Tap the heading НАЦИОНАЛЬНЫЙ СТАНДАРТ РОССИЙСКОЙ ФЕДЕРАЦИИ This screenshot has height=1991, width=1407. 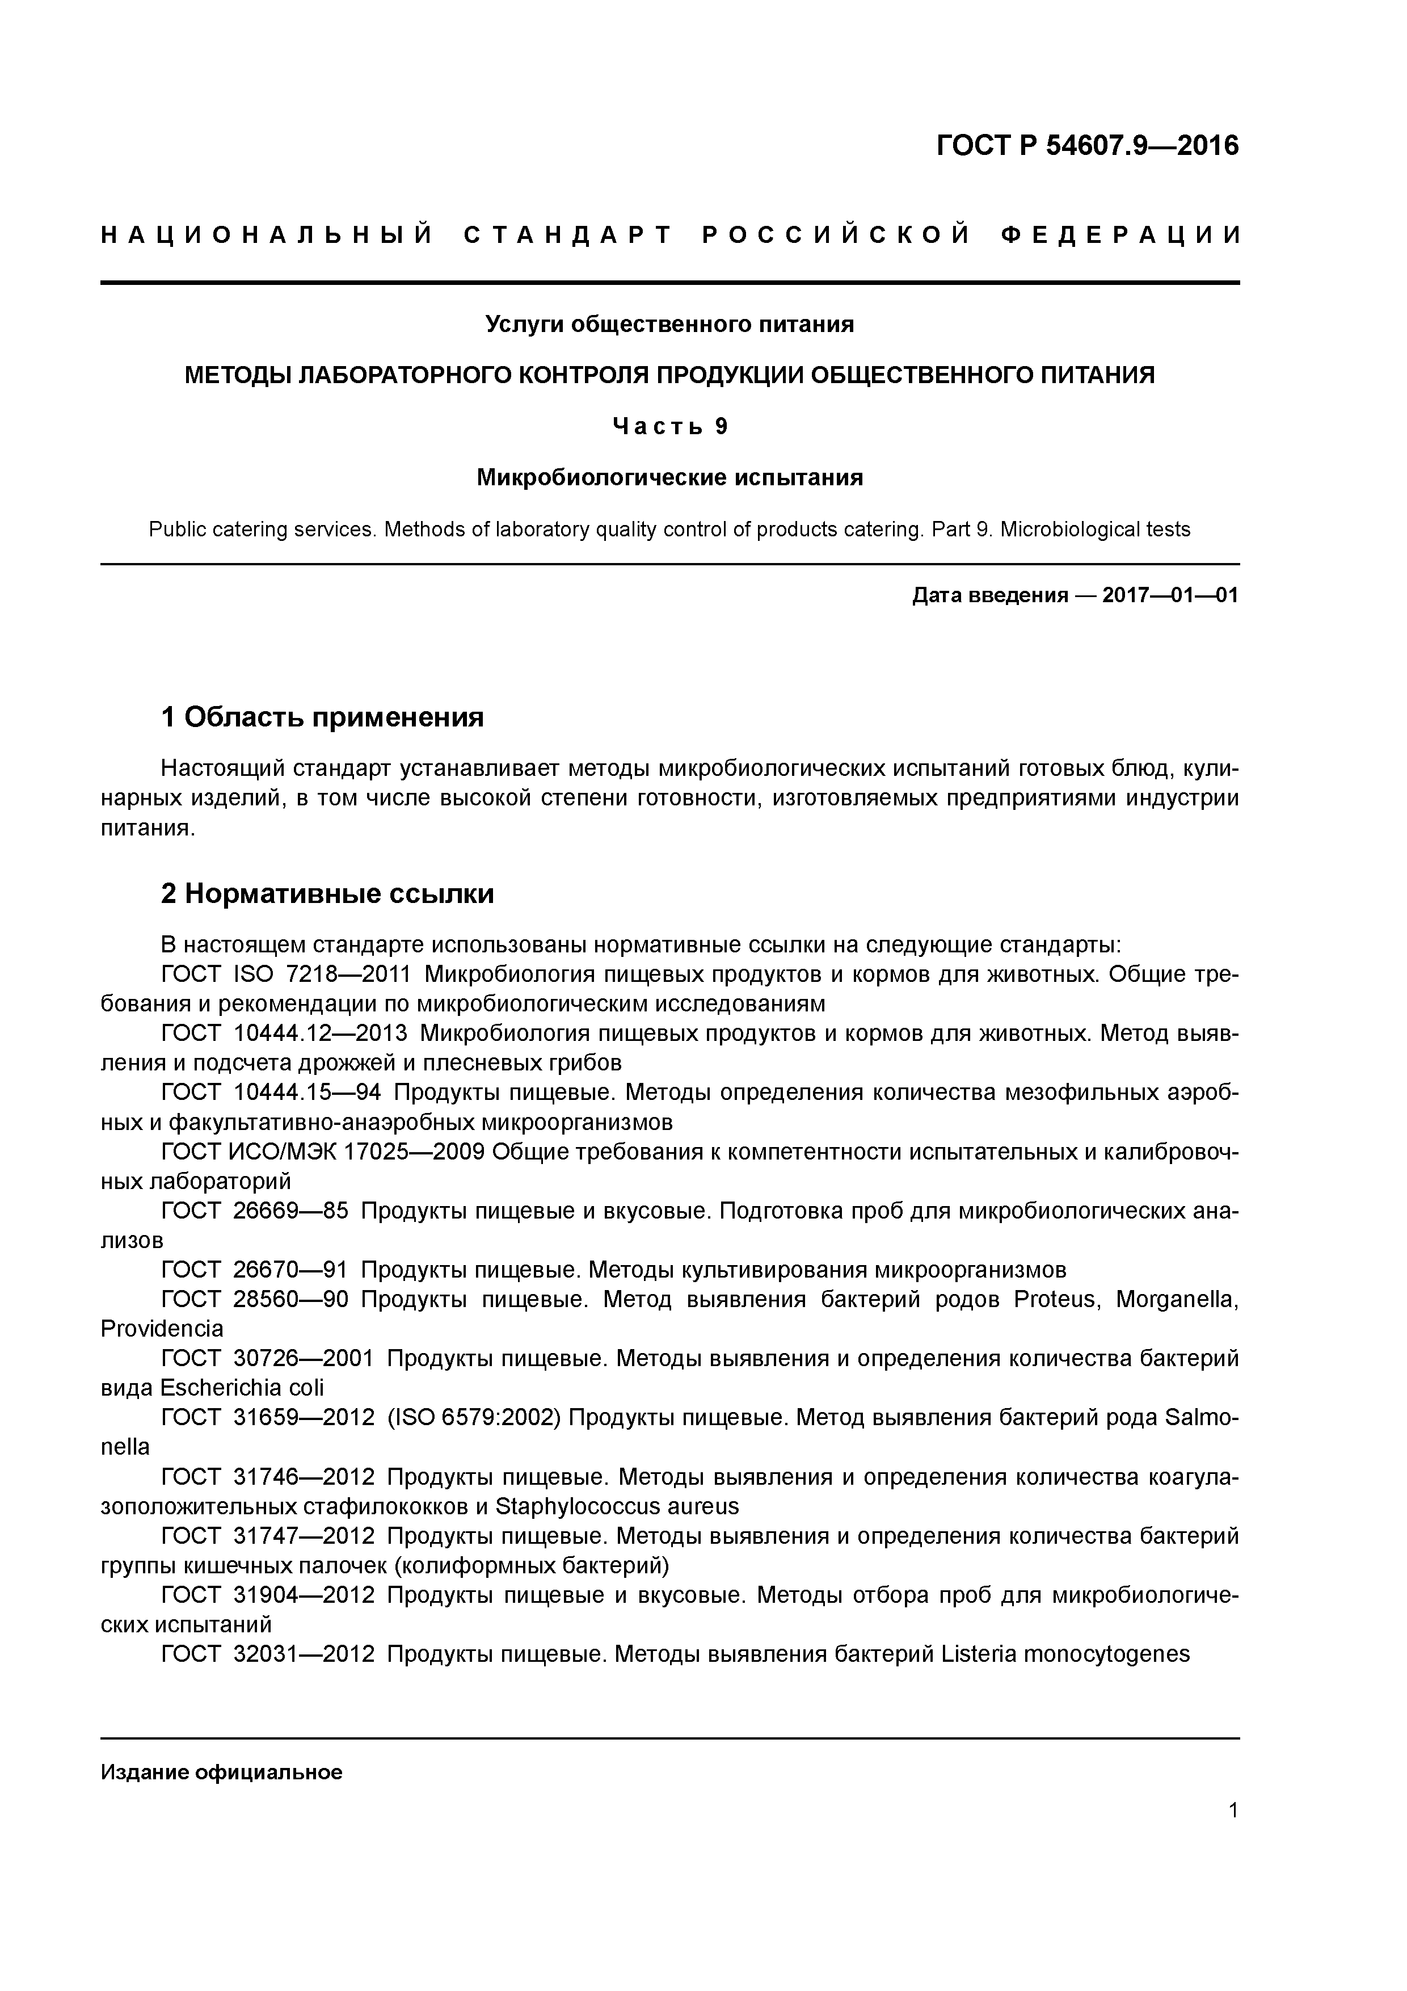point(670,236)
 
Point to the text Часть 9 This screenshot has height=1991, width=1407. point(669,427)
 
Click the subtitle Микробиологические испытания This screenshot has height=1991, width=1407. point(669,478)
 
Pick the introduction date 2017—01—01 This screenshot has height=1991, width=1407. point(1170,596)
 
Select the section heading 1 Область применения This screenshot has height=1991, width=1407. point(322,717)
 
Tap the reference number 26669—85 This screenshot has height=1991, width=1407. point(290,1211)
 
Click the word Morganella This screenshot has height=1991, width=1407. point(1177,1300)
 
